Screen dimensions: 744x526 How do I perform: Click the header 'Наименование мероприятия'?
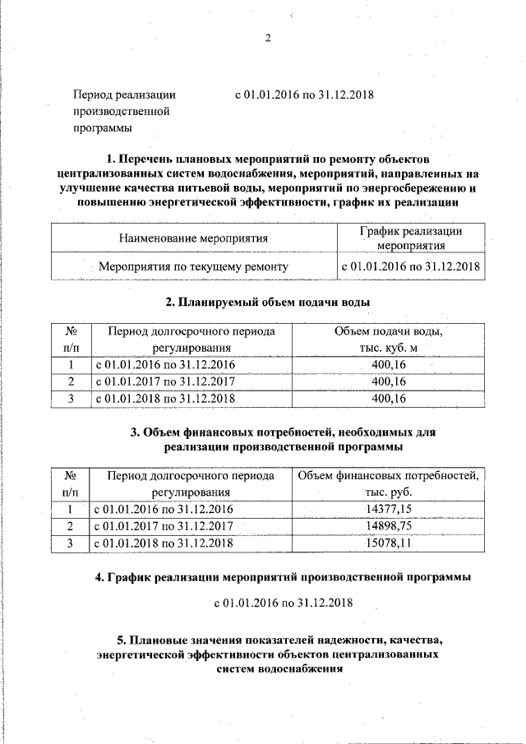pos(194,238)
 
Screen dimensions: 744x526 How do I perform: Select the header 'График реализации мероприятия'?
pos(411,238)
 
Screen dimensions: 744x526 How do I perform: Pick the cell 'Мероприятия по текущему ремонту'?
pos(194,266)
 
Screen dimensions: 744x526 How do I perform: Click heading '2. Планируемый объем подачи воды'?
pos(268,302)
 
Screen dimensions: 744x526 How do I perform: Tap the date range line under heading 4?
pos(283,603)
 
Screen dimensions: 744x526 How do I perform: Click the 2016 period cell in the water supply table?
pos(165,365)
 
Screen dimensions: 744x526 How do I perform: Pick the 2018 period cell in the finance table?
pos(165,543)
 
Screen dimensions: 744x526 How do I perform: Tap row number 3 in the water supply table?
pos(71,399)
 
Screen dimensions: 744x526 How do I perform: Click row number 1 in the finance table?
pos(71,510)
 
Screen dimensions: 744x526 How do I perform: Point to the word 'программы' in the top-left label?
pos(103,128)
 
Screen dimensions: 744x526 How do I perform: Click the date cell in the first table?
pos(411,266)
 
